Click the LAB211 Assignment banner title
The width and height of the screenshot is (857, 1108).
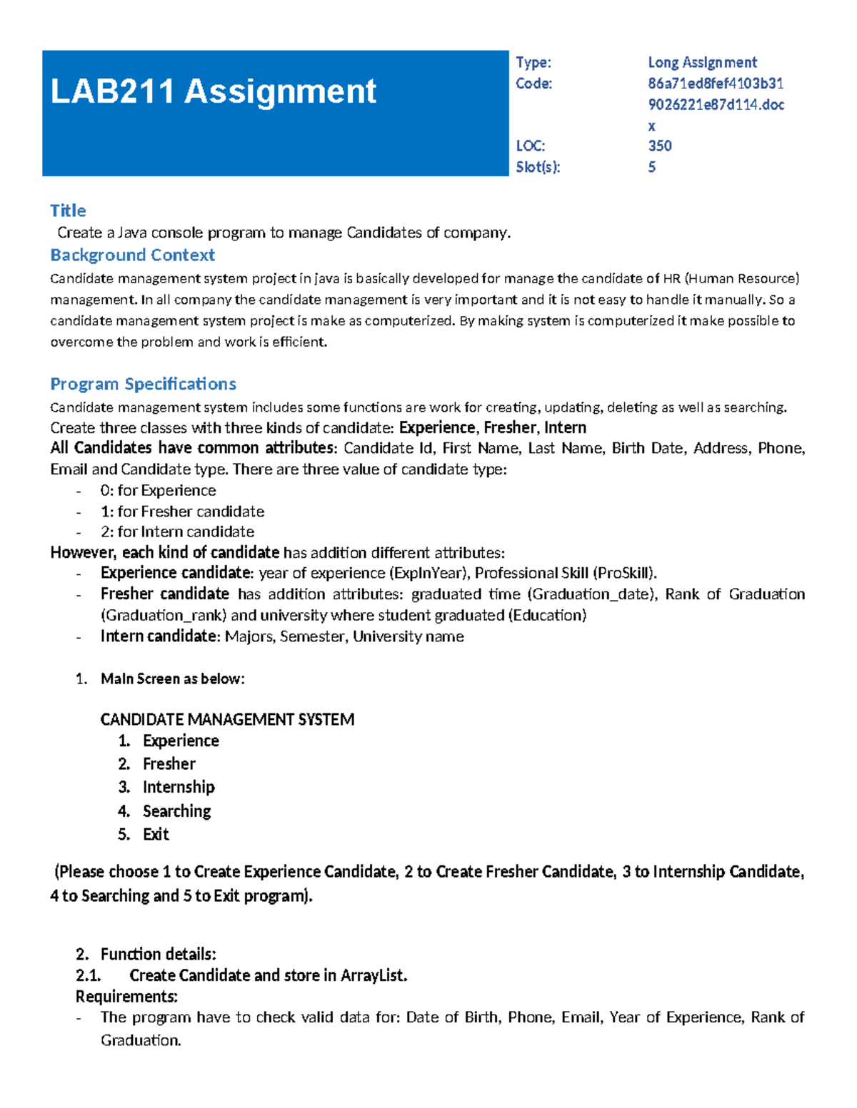pyautogui.click(x=213, y=92)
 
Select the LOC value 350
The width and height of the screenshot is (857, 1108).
pyautogui.click(x=659, y=146)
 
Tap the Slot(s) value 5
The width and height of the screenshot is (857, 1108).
pyautogui.click(x=651, y=167)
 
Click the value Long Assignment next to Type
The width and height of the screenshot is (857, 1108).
pyautogui.click(x=702, y=63)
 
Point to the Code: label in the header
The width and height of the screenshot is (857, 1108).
pyautogui.click(x=533, y=83)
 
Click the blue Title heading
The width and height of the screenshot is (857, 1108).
pyautogui.click(x=68, y=210)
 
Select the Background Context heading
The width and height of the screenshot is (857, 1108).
pyautogui.click(x=132, y=255)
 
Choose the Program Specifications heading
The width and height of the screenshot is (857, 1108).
pyautogui.click(x=143, y=384)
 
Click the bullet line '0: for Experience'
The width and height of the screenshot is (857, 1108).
pyautogui.click(x=158, y=491)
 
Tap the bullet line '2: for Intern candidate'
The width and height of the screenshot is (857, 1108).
pyautogui.click(x=177, y=532)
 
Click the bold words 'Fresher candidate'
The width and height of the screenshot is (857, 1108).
pyautogui.click(x=164, y=594)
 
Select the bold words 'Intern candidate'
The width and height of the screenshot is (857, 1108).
pyautogui.click(x=158, y=636)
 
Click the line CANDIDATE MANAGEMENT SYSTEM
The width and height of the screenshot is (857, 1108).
pyautogui.click(x=227, y=719)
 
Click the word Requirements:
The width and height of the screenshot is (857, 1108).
pyautogui.click(x=126, y=997)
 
